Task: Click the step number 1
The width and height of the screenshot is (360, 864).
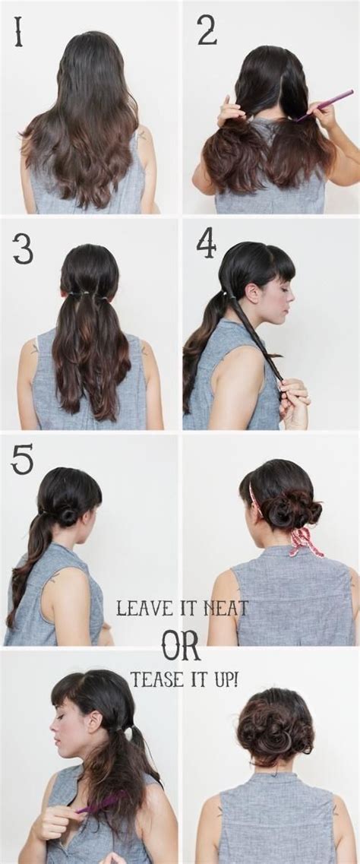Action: [x=17, y=31]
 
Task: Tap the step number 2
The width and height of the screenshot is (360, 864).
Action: [x=206, y=30]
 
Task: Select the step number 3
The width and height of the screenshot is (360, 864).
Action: [x=23, y=248]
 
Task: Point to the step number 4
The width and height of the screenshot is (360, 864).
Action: [x=206, y=243]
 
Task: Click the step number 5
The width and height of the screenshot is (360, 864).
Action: [x=22, y=459]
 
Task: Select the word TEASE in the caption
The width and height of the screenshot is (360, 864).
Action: [x=156, y=679]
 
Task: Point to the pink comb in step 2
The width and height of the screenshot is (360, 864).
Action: [x=327, y=103]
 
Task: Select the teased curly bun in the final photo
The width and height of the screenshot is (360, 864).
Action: [x=274, y=725]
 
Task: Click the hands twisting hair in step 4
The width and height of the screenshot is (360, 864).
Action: [x=295, y=399]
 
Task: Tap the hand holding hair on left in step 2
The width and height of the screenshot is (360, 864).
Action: [x=229, y=112]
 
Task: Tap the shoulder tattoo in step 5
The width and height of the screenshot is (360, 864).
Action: [x=55, y=579]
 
